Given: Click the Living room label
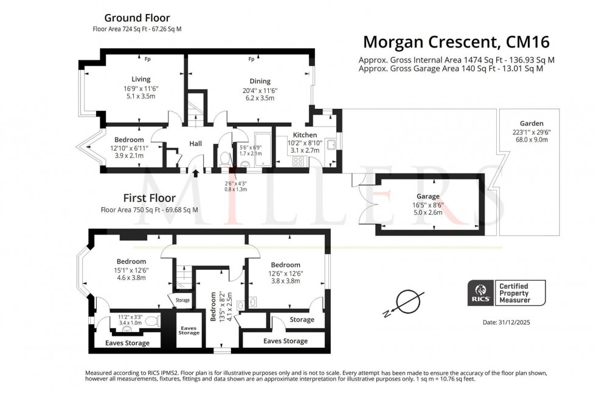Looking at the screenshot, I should coord(140,79).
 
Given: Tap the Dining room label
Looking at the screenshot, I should coord(260,81).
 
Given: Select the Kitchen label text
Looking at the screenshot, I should coord(305,135).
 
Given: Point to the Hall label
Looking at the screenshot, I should coord(195,143).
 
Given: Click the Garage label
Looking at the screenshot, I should coord(428,196).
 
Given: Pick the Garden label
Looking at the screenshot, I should coord(531,123).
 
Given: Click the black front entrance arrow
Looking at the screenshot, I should coord(195,173).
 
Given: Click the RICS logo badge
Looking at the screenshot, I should coord(480,292).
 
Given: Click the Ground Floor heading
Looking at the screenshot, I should coord(137,18).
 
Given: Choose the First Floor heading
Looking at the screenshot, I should coord(149,198).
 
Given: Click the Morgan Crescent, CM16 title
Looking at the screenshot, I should coord(456,42).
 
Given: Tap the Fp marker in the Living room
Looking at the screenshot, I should coord(147,59).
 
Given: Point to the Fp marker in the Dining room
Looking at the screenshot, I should coord(251,59).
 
